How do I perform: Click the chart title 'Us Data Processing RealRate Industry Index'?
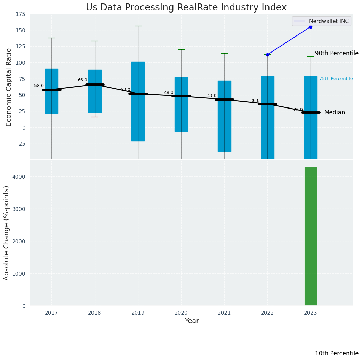coord(186,8)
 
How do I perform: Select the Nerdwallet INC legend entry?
coord(321,21)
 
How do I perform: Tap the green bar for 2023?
coord(311,236)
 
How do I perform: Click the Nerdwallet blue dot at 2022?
coord(267,55)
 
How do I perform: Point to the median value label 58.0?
coord(39,86)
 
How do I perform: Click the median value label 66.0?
coord(82,80)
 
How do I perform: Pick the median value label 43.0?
coord(212,96)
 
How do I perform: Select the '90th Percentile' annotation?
coord(337,54)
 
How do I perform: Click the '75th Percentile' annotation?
coord(336,79)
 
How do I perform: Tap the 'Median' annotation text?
coord(335,113)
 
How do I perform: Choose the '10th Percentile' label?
coord(337,354)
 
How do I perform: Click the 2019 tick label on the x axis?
coord(138,313)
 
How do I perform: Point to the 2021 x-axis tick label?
coord(224,313)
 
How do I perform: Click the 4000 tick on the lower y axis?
coord(19,177)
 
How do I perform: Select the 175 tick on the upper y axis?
coord(20,14)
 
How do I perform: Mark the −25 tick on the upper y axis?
coord(19,144)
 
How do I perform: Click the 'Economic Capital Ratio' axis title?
coord(9,87)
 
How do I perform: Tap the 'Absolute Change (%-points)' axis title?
coord(7,233)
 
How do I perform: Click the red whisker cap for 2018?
coord(95,117)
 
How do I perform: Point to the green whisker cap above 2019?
coord(138,26)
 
